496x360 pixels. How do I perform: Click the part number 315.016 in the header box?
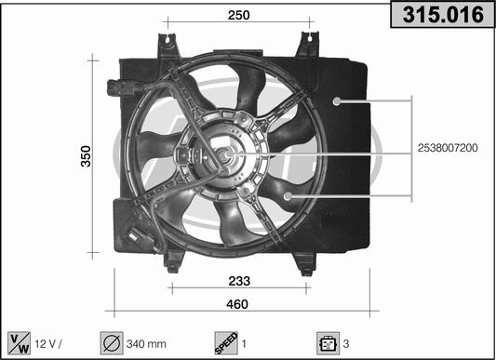(x=443, y=15)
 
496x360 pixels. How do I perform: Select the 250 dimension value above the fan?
(x=239, y=15)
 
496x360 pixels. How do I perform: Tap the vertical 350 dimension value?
(x=86, y=156)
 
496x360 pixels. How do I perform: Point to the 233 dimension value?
(x=239, y=281)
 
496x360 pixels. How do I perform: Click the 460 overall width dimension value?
(x=237, y=304)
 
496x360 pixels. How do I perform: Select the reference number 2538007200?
(x=448, y=148)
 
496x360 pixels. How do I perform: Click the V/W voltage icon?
(x=20, y=343)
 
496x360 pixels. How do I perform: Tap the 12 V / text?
(x=48, y=343)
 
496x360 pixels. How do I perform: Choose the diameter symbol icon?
(x=112, y=343)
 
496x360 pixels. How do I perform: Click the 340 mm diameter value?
(x=146, y=343)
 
